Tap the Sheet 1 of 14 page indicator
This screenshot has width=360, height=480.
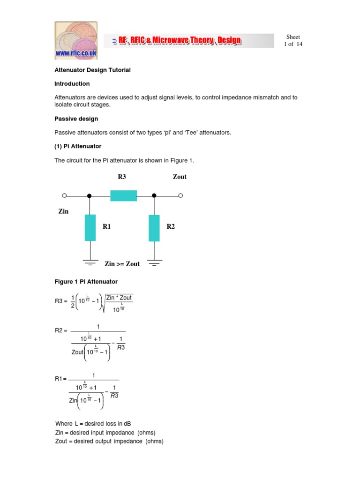(293, 40)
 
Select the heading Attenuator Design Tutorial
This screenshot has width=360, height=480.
(92, 70)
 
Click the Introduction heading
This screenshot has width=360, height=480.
(72, 84)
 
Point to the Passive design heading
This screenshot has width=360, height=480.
(76, 119)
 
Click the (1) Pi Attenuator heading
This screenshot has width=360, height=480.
(78, 146)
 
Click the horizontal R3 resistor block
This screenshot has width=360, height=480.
(123, 195)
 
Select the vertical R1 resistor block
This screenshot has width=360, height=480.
(90, 227)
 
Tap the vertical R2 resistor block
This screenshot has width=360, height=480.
(154, 228)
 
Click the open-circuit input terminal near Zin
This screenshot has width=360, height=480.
(65, 195)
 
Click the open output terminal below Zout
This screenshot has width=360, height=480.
(180, 195)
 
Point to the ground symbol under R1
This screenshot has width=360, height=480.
(90, 262)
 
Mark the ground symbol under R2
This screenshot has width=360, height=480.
(154, 262)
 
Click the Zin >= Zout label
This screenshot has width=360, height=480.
(122, 264)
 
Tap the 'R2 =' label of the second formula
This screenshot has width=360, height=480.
(61, 330)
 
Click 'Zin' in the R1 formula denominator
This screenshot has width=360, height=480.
(73, 401)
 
